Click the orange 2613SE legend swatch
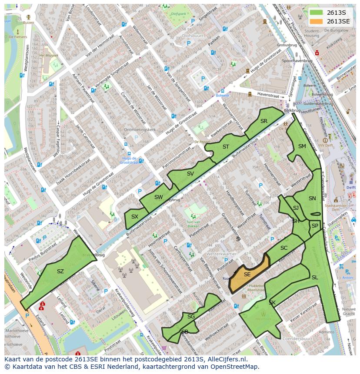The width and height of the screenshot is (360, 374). point(317,21)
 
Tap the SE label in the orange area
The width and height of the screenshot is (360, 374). point(247,275)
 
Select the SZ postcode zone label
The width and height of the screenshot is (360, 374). point(60,271)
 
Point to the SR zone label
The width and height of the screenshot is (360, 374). point(263,121)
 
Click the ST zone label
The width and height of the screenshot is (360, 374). point(226,147)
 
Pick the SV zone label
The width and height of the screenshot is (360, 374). point(190,174)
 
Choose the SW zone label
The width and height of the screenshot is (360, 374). point(158,197)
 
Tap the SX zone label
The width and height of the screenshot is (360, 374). point(135,217)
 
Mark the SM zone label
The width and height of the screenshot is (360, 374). point(302,146)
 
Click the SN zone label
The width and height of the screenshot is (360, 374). point(312,199)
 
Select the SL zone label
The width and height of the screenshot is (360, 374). point(314,278)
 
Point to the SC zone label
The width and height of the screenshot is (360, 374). point(284,248)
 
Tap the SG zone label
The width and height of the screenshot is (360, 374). point(191,317)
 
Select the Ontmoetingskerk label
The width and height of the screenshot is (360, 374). point(140,130)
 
